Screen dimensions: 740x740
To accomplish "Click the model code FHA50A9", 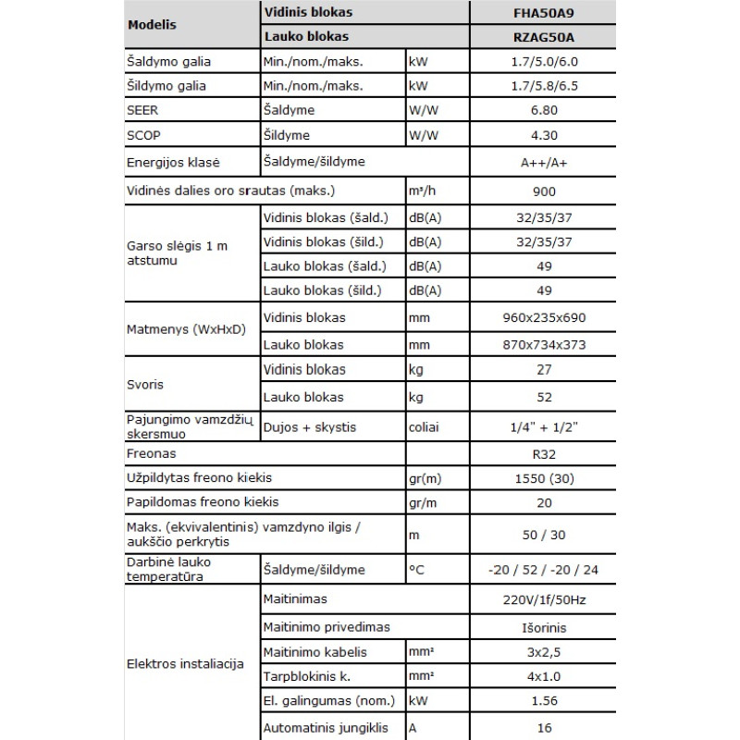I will pyautogui.click(x=544, y=14).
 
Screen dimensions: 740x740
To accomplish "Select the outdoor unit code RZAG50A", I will pyautogui.click(x=544, y=37).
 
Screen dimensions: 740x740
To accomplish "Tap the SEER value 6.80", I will pyautogui.click(x=544, y=110).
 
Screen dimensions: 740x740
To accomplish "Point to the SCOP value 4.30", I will pyautogui.click(x=544, y=134).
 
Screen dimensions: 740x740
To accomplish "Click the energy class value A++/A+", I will pyautogui.click(x=544, y=162).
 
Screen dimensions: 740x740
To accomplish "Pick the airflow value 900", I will pyautogui.click(x=544, y=191).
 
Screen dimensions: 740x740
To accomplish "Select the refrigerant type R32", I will pyautogui.click(x=544, y=455).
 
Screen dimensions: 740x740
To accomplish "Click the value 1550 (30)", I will pyautogui.click(x=544, y=478).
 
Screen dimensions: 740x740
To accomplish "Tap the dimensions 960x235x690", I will pyautogui.click(x=544, y=318).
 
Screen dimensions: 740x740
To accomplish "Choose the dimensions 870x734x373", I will pyautogui.click(x=544, y=344).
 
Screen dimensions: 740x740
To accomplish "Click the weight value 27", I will pyautogui.click(x=544, y=370).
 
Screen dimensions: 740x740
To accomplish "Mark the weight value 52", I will pyautogui.click(x=544, y=397).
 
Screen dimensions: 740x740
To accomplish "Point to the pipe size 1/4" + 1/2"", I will pyautogui.click(x=544, y=427).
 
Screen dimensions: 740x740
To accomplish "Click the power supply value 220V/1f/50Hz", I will pyautogui.click(x=544, y=599).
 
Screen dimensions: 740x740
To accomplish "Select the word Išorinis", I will pyautogui.click(x=544, y=626).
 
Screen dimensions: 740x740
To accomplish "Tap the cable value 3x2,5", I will pyautogui.click(x=544, y=651).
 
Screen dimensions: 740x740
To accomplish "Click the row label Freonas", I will pyautogui.click(x=150, y=455).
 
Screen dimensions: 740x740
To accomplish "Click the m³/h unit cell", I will pyautogui.click(x=423, y=191).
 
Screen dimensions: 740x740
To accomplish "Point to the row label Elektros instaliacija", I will pyautogui.click(x=185, y=664).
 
